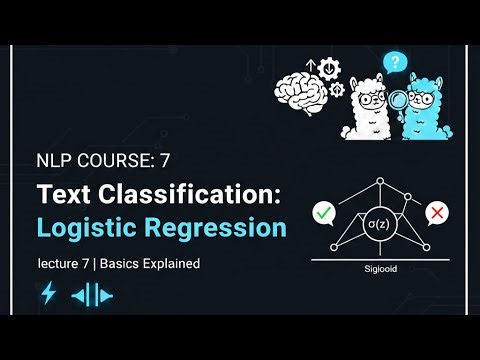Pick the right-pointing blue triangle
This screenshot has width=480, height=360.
pos(106,295)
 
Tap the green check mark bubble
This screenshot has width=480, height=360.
pos(323,213)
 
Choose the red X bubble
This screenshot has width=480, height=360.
pos(435,213)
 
